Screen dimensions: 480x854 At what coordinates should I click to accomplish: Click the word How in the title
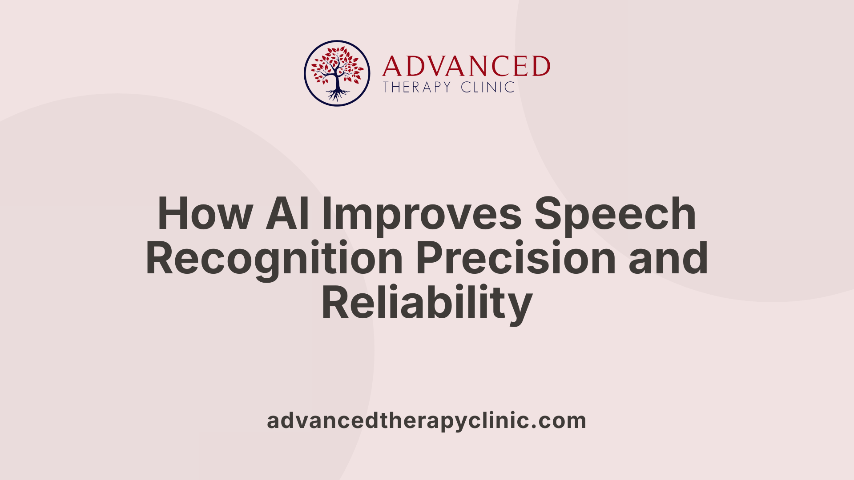pyautogui.click(x=205, y=214)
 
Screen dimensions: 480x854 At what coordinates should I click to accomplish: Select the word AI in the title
pyautogui.click(x=287, y=214)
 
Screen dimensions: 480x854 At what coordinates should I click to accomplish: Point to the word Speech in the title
pyautogui.click(x=615, y=214)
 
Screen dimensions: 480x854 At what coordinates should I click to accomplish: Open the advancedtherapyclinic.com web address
pyautogui.click(x=427, y=421)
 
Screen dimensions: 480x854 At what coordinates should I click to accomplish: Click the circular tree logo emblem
pyautogui.click(x=337, y=73)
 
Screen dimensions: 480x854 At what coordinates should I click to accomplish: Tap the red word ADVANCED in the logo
pyautogui.click(x=466, y=67)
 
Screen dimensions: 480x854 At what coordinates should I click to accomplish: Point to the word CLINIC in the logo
pyautogui.click(x=487, y=87)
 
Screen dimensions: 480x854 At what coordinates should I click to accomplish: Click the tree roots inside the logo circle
pyautogui.click(x=337, y=94)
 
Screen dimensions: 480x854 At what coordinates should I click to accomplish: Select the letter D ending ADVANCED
pyautogui.click(x=540, y=67)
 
